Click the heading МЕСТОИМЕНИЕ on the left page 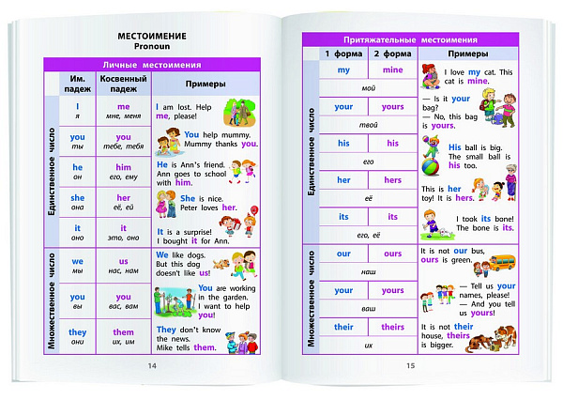point(152,36)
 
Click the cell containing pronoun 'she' point(78,203)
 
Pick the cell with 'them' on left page point(124,336)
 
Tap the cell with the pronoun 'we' point(78,266)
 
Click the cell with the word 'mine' point(392,70)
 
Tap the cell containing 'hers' point(392,180)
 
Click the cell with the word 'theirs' point(392,327)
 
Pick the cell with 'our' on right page point(343,254)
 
